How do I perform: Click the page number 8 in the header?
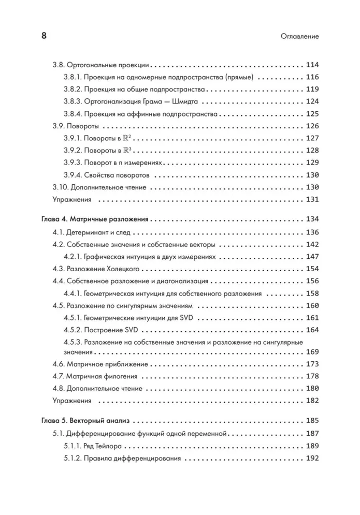pos(44,36)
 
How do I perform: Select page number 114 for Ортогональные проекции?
pos(312,66)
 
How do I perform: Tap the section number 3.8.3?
pos(73,102)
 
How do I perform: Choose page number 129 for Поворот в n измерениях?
pos(312,162)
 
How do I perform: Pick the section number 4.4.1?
pos(73,293)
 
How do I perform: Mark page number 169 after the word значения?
pos(312,352)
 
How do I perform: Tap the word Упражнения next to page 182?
pos(72,401)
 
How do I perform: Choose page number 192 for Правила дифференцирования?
pos(312,458)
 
